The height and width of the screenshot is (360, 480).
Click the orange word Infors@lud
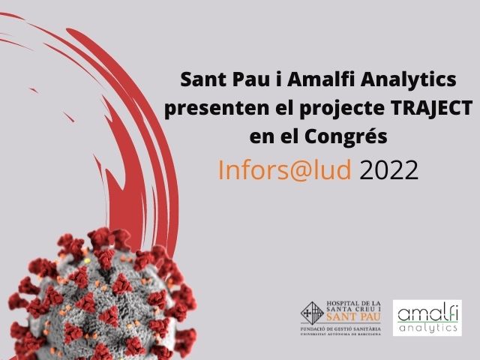pyautogui.click(x=284, y=170)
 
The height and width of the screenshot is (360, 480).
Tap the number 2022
pyautogui.click(x=388, y=170)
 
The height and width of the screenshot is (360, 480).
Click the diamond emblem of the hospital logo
pyautogui.click(x=312, y=313)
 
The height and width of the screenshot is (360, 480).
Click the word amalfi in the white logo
pyautogui.click(x=427, y=313)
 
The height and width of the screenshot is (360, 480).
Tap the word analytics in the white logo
pyautogui.click(x=427, y=328)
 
